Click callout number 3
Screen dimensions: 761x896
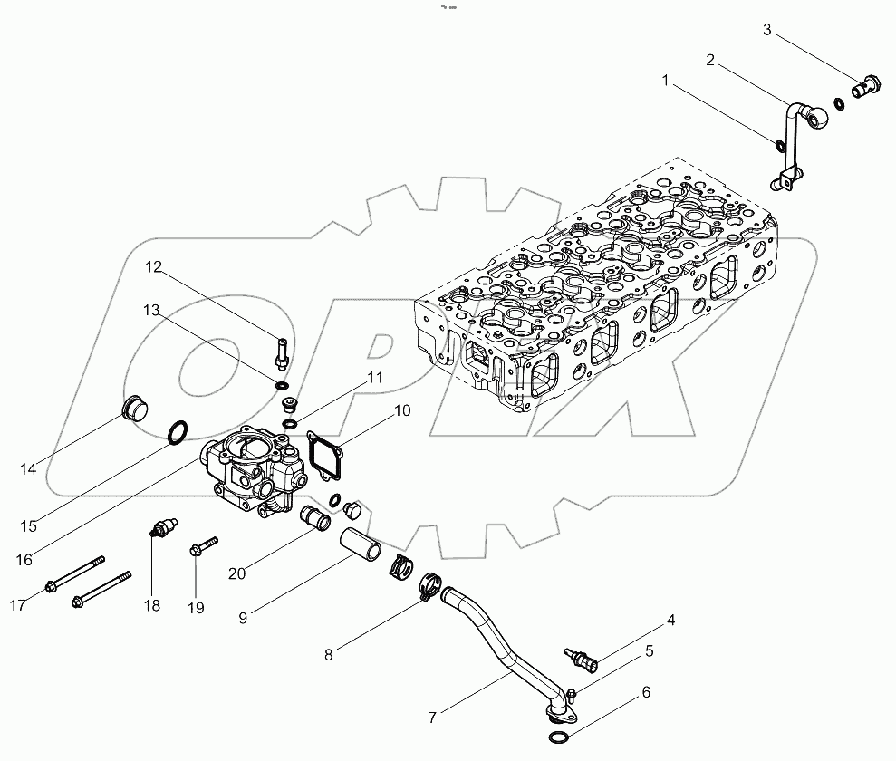tap(767, 30)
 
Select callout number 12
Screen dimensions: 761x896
tap(153, 266)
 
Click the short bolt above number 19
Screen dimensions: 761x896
tap(205, 545)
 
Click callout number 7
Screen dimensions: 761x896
tap(432, 718)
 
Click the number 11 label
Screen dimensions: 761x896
tap(373, 378)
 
